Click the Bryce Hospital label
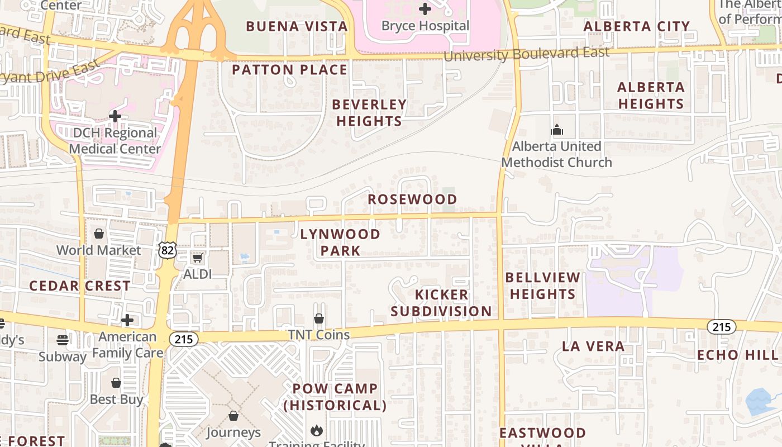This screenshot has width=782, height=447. click(x=425, y=26)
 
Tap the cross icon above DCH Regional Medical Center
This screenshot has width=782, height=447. click(x=115, y=116)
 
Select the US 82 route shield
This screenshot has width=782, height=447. click(x=167, y=250)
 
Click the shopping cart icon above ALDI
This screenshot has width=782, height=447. click(x=197, y=258)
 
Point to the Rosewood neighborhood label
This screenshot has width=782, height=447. click(x=412, y=199)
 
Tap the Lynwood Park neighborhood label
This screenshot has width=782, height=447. click(x=340, y=242)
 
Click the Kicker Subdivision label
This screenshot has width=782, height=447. click(x=441, y=303)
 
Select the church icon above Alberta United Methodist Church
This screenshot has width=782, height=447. click(x=557, y=130)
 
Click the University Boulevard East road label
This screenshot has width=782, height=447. click(x=526, y=54)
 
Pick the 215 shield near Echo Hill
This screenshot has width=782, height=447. click(x=721, y=327)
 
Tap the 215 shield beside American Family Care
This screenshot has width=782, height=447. click(x=184, y=339)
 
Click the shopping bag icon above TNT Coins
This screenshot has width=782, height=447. click(x=318, y=318)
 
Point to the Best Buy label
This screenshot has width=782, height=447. click(x=116, y=399)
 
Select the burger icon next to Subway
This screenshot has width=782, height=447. click(x=63, y=340)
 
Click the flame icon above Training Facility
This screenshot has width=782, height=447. click(x=317, y=430)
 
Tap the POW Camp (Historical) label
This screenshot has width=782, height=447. click(x=335, y=397)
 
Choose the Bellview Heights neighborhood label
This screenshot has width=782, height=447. click(x=542, y=286)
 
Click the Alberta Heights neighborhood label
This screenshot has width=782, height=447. click(x=651, y=96)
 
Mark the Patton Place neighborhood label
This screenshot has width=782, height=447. click(x=289, y=70)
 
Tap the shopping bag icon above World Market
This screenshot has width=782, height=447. click(x=99, y=233)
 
